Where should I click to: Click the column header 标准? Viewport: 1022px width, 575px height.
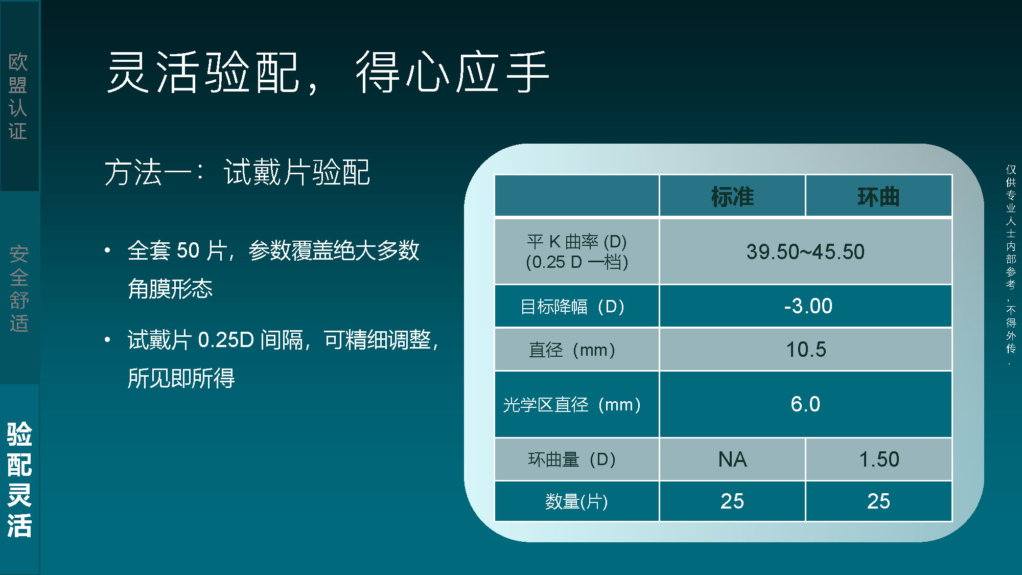[x=732, y=197]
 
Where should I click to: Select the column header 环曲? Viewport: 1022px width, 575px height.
[x=878, y=197]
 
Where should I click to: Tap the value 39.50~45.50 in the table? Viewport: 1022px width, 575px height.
[x=805, y=251]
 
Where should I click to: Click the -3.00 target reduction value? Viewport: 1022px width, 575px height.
[x=808, y=306]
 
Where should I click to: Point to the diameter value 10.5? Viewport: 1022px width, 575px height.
[x=806, y=350]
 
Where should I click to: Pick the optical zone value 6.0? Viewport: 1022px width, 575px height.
[x=805, y=404]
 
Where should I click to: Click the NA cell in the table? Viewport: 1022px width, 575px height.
[x=732, y=459]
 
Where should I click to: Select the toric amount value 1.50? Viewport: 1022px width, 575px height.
[x=879, y=459]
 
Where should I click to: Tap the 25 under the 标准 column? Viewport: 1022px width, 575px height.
[x=732, y=501]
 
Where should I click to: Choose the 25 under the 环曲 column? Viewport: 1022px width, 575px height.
[x=878, y=501]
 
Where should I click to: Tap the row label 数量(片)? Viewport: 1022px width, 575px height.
[x=576, y=501]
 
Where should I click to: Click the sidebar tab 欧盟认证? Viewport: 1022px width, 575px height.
[x=18, y=96]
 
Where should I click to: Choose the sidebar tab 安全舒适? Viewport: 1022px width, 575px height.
[x=19, y=289]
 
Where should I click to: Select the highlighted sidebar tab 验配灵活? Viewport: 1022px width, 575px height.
[x=19, y=479]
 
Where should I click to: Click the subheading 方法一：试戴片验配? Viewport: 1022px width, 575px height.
[x=237, y=172]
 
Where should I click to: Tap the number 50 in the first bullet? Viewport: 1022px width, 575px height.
[x=188, y=250]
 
